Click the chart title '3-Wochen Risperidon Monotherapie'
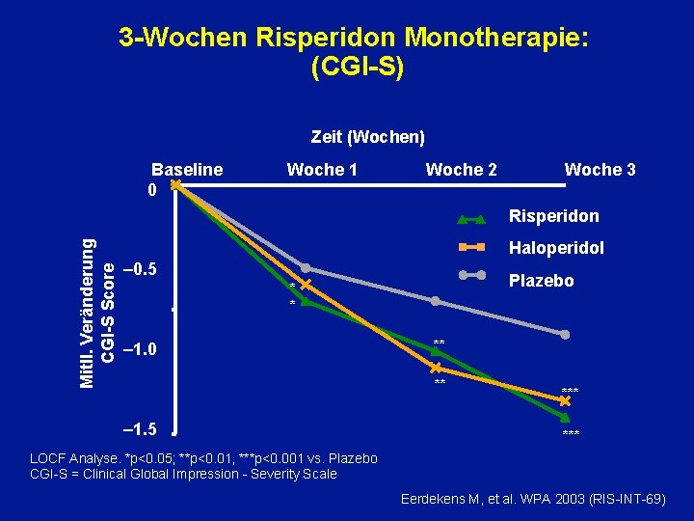(x=354, y=38)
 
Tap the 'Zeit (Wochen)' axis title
(x=368, y=137)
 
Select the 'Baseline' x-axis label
(x=188, y=170)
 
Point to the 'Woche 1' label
(x=322, y=170)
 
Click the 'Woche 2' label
(x=462, y=170)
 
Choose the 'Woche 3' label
(x=600, y=170)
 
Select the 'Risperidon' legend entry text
(x=553, y=216)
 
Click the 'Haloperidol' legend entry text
(x=556, y=248)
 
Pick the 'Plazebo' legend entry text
(x=541, y=281)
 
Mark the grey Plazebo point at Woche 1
(x=306, y=267)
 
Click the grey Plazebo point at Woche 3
(x=566, y=335)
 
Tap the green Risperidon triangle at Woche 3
(x=566, y=416)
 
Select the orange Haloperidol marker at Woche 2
(x=436, y=369)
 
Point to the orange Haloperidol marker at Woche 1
(x=306, y=285)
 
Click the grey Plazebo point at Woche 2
(x=436, y=301)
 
